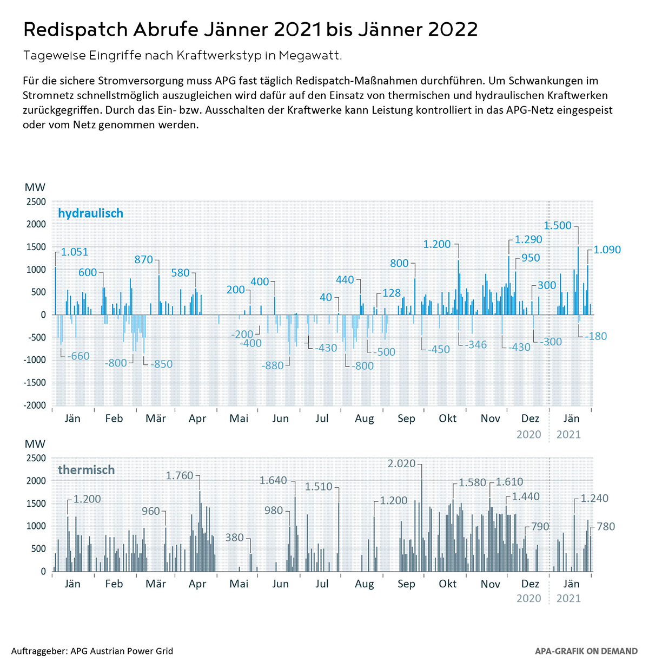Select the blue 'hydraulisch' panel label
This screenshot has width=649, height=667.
tap(90, 213)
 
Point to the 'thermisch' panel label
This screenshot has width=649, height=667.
tap(86, 470)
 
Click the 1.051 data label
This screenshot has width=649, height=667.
tap(74, 252)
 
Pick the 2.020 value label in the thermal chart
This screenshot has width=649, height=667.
tap(401, 463)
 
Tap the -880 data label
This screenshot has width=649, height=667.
tap(272, 365)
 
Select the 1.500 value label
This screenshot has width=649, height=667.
tap(557, 226)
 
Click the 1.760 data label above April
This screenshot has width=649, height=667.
tap(179, 476)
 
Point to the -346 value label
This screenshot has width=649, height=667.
tap(475, 345)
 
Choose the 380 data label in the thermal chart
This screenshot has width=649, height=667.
tap(234, 538)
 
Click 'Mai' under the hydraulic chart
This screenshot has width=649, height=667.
tap(239, 418)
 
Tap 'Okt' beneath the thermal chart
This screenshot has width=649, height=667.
tap(447, 584)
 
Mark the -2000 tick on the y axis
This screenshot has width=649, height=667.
tap(34, 406)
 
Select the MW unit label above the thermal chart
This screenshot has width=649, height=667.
tap(35, 444)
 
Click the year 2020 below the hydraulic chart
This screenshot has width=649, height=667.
tap(528, 434)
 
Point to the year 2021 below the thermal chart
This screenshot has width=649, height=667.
tap(568, 598)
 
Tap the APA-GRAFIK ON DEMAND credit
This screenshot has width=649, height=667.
tap(586, 651)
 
